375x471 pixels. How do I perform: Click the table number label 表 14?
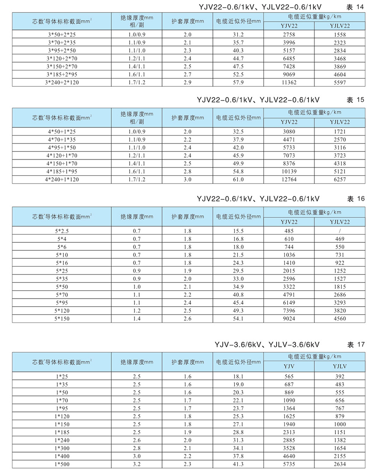pyautogui.click(x=355, y=7)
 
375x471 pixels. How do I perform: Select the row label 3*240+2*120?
pyautogui.click(x=61, y=82)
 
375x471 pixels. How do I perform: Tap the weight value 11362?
pyautogui.click(x=289, y=82)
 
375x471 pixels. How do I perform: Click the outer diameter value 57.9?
pyautogui.click(x=238, y=82)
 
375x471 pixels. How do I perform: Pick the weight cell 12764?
pyautogui.click(x=289, y=179)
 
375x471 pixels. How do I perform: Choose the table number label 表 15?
pyautogui.click(x=355, y=100)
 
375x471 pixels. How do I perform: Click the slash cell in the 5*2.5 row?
pyautogui.click(x=340, y=231)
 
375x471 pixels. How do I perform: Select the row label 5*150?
pyautogui.click(x=61, y=319)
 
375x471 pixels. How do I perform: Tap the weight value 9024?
pyautogui.click(x=289, y=319)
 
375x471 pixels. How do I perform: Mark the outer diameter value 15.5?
pyautogui.click(x=238, y=231)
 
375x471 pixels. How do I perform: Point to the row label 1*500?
pyautogui.click(x=61, y=464)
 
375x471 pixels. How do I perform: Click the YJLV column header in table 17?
pyautogui.click(x=340, y=366)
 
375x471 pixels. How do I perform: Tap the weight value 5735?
pyautogui.click(x=289, y=464)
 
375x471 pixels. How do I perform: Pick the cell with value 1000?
pyautogui.click(x=340, y=424)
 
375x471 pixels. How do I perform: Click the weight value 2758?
pyautogui.click(x=289, y=35)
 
